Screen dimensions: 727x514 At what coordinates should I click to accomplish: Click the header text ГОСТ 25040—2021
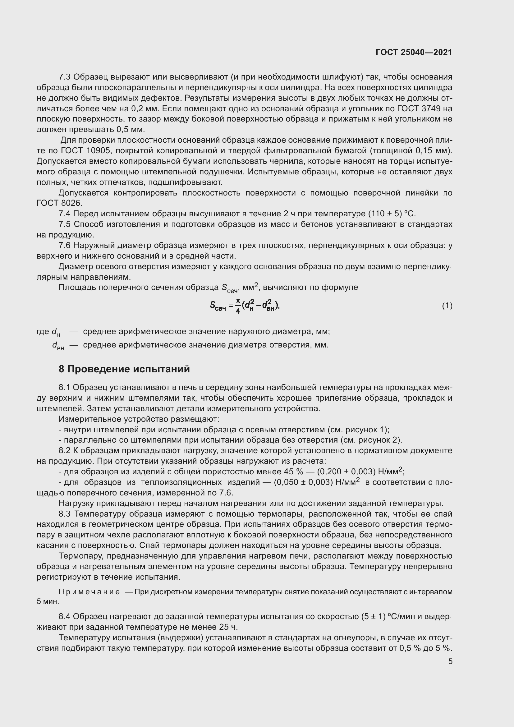coord(414,52)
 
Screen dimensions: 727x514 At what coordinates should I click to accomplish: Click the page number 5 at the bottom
coord(450,661)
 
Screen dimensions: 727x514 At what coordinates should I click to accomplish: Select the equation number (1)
coord(447,306)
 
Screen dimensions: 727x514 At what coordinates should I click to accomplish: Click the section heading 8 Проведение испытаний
coord(124,369)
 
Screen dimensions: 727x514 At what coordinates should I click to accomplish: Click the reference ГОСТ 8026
coord(59,203)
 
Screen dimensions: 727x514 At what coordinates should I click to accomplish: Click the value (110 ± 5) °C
coord(392,214)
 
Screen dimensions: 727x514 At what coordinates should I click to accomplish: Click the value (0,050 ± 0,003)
coord(303,482)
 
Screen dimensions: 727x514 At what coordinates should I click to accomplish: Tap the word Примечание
coord(89,592)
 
